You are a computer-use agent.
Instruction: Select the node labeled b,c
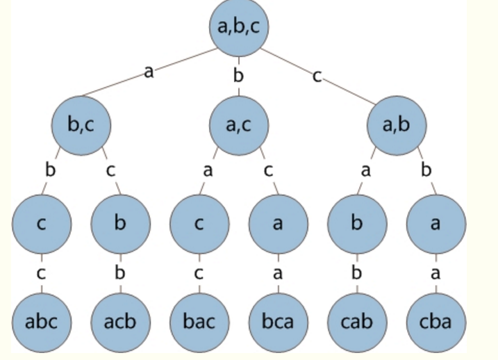[x=81, y=126]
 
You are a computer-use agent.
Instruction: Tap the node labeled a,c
[x=239, y=126]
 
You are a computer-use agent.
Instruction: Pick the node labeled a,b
[x=397, y=126]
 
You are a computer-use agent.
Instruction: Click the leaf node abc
[x=41, y=322]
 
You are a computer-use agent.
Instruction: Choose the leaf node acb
[x=120, y=322]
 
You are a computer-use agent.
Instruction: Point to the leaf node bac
[x=199, y=322]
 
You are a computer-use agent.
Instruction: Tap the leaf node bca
[x=278, y=322]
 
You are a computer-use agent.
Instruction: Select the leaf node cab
[x=357, y=322]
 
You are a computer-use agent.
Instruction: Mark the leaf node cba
[x=435, y=322]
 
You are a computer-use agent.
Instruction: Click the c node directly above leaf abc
[x=41, y=224]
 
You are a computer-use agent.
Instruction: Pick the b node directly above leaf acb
[x=120, y=224]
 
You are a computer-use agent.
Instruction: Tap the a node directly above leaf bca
[x=278, y=224]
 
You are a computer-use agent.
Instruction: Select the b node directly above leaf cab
[x=357, y=224]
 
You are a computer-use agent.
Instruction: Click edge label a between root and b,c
[x=148, y=71]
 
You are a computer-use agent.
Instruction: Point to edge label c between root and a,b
[x=317, y=75]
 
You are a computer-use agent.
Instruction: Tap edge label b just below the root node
[x=238, y=75]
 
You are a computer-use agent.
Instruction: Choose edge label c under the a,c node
[x=268, y=170]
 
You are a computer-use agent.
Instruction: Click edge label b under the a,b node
[x=426, y=170]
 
